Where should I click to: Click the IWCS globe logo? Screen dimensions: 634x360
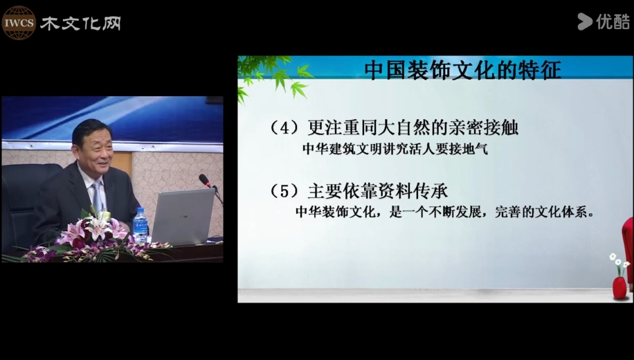(19, 23)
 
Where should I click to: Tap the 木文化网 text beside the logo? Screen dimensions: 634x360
(80, 24)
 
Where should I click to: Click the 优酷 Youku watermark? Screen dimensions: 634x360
(604, 21)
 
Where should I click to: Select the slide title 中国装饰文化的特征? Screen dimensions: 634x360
(462, 69)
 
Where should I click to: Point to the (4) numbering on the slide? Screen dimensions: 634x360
(285, 128)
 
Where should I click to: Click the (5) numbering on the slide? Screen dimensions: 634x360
(285, 191)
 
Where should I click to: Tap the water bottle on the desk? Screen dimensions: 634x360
(140, 226)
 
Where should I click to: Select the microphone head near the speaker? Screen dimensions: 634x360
(205, 180)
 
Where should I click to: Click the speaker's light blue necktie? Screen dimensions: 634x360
(97, 197)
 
